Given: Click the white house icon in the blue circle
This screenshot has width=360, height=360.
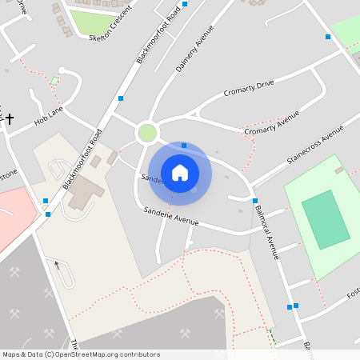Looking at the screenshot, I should (180, 172).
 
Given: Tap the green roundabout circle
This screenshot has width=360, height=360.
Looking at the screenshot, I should (147, 133).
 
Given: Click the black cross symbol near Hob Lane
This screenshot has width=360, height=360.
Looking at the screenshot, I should (10, 119).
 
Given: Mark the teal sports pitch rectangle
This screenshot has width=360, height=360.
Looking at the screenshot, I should (326, 219).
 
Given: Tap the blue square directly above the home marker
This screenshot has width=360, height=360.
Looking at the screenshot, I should (184, 146).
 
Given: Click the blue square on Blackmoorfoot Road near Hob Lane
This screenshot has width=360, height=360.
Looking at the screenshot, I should (121, 98).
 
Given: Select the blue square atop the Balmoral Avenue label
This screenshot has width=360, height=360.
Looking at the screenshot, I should (255, 200).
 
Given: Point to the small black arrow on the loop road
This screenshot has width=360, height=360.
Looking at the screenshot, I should (56, 264).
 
